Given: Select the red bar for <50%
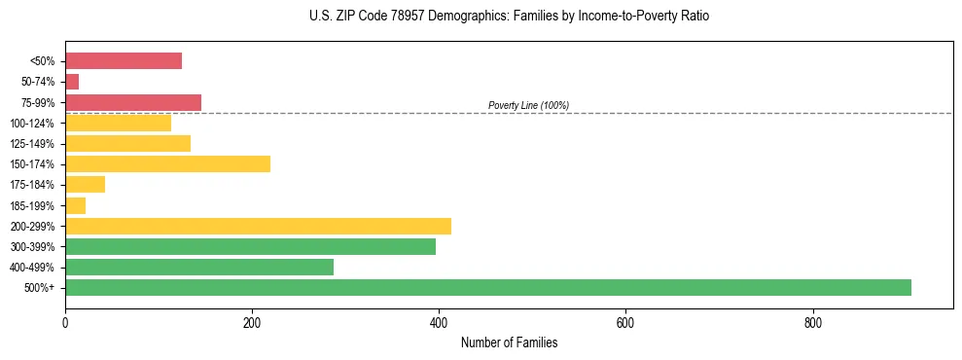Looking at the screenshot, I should coord(124,61).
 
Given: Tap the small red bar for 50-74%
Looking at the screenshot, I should coord(72,82).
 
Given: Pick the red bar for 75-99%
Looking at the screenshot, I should coord(133,102).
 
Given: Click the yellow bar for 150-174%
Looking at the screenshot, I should coord(167,163).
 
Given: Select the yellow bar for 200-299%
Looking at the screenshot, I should coord(258,226).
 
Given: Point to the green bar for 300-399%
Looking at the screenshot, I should coord(250,246).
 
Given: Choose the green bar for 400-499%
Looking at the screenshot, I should coord(199,267).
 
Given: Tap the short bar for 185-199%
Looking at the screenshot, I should coord(75,205).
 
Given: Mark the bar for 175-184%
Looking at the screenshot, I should coord(85,184).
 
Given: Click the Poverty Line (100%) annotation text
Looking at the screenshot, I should coord(528,105).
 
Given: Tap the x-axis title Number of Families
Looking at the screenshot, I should coord(509,342).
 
